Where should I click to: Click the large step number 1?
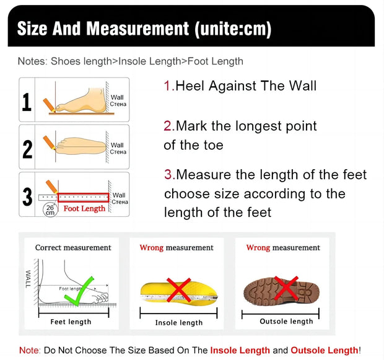[x=27, y=102]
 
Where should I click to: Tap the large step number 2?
[x=27, y=149]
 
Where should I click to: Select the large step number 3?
[x=27, y=196]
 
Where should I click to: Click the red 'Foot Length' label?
[x=84, y=209]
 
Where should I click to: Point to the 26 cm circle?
[x=50, y=209]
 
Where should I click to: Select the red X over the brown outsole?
[x=286, y=289]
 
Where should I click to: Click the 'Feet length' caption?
[x=71, y=322]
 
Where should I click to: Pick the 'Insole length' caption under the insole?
[x=178, y=322]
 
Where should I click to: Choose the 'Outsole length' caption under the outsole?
[x=286, y=320]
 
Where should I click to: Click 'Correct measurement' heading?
[x=73, y=248]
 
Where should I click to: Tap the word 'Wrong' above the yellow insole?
[x=151, y=248]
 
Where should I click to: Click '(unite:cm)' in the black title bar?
[x=233, y=29]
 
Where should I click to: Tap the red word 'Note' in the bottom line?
[x=29, y=350]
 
